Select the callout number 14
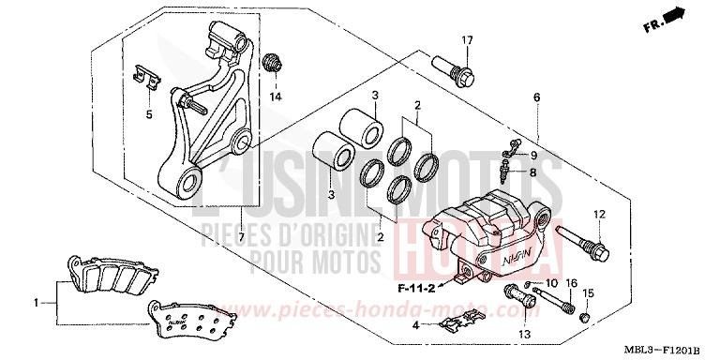click(276, 97)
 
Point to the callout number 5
click(147, 114)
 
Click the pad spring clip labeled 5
click(143, 77)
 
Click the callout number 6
click(537, 97)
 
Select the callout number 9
click(533, 156)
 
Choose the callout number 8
click(533, 172)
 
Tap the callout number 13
click(525, 334)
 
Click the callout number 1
click(37, 303)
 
